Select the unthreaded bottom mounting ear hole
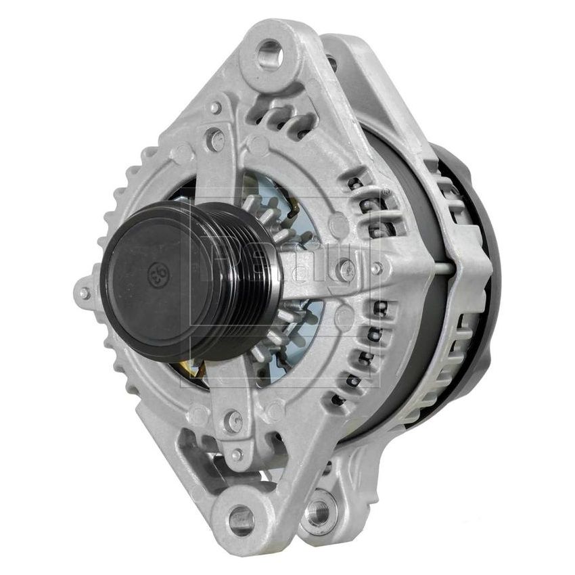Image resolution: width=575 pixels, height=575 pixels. [241, 520]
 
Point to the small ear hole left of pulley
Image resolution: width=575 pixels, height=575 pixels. [84, 294]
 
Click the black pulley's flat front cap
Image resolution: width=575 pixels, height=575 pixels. [152, 277]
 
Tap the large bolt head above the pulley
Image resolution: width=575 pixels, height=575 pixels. [215, 141]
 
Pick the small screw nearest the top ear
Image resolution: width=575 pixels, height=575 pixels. [215, 108]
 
